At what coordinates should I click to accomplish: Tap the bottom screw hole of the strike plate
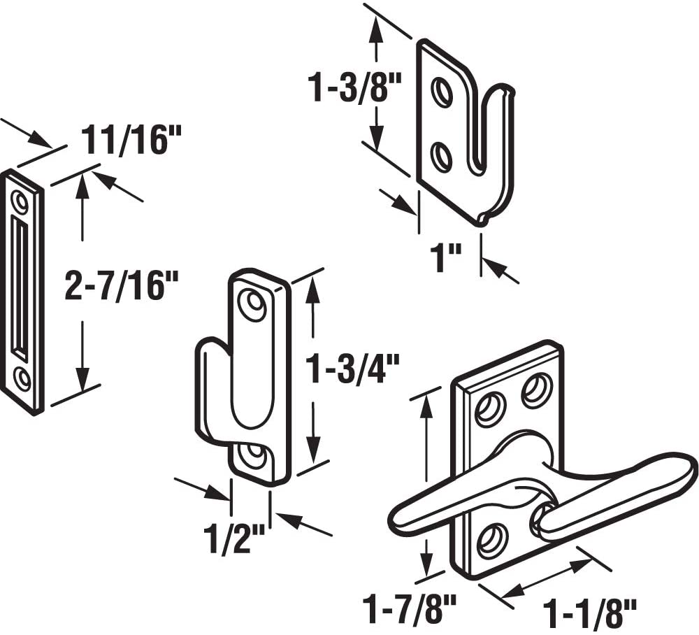pos(22,378)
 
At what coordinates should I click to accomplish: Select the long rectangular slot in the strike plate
pos(19,287)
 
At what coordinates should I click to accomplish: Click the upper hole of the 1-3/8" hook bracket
pos(440,94)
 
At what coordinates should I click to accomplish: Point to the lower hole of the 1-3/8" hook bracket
pos(440,157)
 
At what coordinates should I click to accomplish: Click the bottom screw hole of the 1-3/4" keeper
pos(252,457)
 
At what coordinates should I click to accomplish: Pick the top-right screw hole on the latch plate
pos(537,390)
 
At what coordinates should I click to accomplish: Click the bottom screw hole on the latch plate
pos(491,541)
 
